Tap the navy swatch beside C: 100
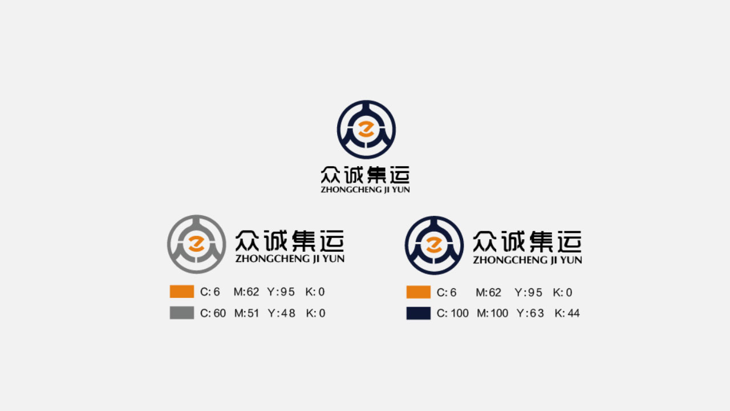(x=419, y=313)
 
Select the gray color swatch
(x=182, y=313)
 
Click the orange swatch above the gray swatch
(x=182, y=292)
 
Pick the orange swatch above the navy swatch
(x=419, y=292)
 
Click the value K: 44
(x=567, y=313)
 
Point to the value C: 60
(x=213, y=313)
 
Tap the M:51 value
(x=246, y=313)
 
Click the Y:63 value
(x=530, y=313)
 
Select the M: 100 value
(x=492, y=313)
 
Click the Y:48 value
(x=282, y=313)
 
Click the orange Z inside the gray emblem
(x=196, y=244)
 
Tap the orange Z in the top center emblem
(x=366, y=130)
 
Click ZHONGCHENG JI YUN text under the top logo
(x=366, y=190)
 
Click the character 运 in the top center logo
(x=400, y=175)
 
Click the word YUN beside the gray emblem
(x=334, y=259)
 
